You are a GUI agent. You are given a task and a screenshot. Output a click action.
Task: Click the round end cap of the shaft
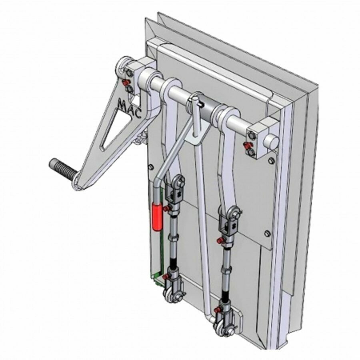click(x=272, y=141)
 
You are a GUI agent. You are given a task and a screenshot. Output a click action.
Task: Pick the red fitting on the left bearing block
click(x=124, y=82)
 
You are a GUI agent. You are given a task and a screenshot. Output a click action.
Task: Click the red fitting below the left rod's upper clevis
click(x=166, y=208)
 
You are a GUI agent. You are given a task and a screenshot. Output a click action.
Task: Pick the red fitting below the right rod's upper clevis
click(x=219, y=240)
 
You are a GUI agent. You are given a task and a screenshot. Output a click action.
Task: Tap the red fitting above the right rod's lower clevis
click(x=217, y=310)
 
